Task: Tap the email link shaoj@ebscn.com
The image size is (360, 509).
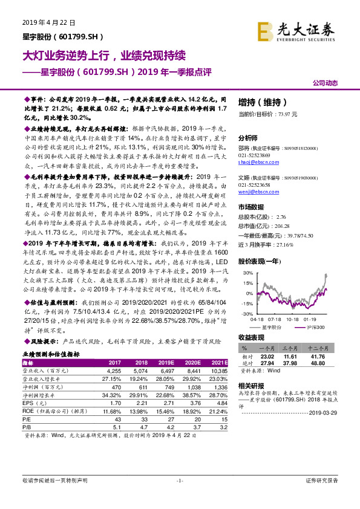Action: [x=254, y=162]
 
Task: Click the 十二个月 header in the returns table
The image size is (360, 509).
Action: [x=331, y=349]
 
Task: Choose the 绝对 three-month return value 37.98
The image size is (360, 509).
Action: [x=301, y=363]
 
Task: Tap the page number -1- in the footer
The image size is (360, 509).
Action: [x=180, y=480]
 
